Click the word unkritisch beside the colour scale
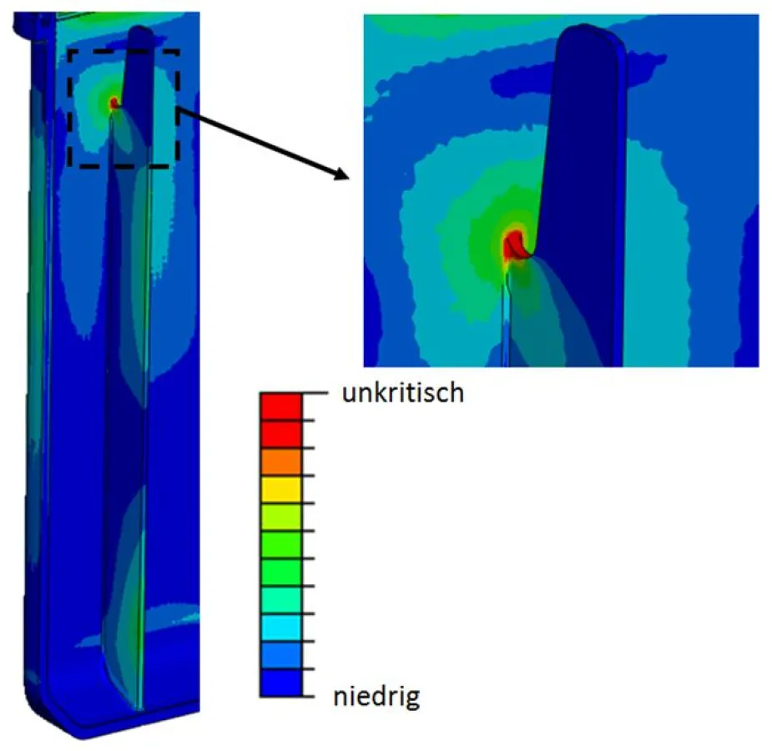(x=402, y=394)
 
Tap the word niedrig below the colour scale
(x=376, y=696)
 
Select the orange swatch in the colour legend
(x=280, y=461)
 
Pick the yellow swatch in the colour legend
(x=280, y=489)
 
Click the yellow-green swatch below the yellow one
(x=280, y=517)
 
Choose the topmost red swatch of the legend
(x=280, y=406)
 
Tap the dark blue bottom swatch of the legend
(x=280, y=683)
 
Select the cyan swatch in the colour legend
(x=280, y=628)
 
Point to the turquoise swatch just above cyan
(x=280, y=600)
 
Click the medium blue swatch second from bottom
(x=280, y=655)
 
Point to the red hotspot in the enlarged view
(x=512, y=247)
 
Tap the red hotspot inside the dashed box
(x=114, y=103)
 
